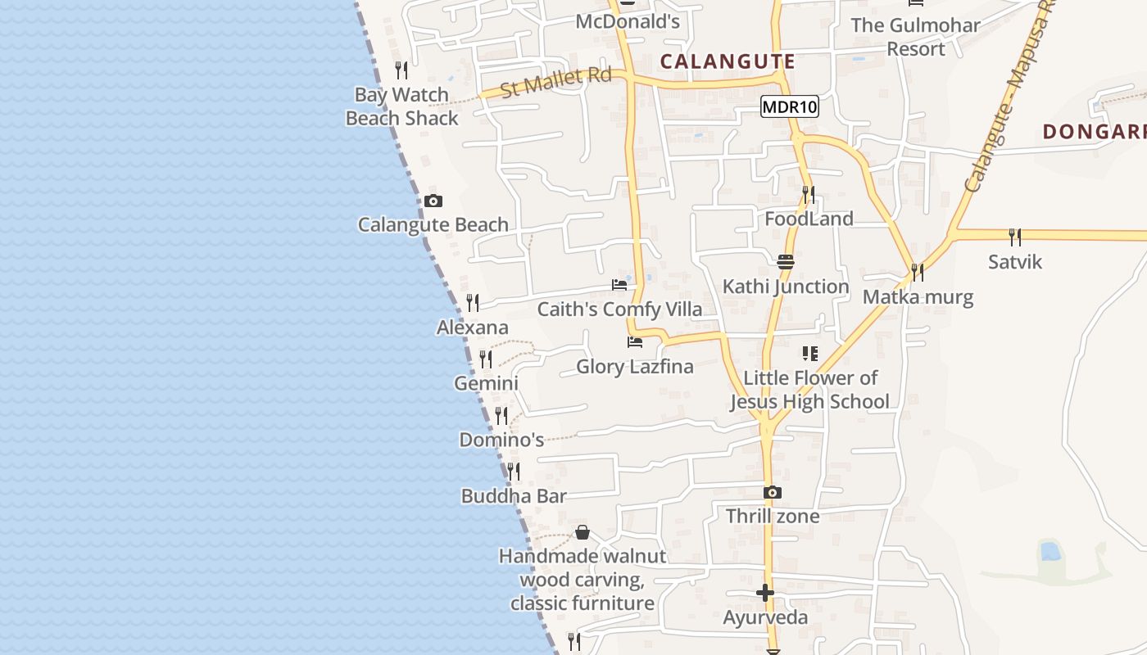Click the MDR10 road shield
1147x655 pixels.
pos(789,106)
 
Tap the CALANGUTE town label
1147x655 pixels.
pos(728,61)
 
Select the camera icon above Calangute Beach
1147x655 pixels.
pos(433,201)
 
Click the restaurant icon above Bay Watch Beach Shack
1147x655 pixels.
pos(401,70)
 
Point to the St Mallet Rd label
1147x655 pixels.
pos(555,81)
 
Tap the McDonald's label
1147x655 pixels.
pos(628,21)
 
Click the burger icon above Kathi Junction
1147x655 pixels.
pos(785,262)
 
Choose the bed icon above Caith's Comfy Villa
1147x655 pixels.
pos(619,285)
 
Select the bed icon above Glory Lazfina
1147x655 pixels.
pos(635,342)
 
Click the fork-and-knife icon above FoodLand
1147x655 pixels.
pos(809,194)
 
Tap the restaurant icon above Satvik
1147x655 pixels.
pos(1015,237)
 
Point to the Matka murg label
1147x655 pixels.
pos(918,296)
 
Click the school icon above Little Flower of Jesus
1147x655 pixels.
pos(809,354)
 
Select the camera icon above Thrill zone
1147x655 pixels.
pos(772,492)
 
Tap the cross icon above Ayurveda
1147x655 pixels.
pos(765,593)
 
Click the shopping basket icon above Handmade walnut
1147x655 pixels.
pos(583,532)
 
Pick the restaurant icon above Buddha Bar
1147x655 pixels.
pos(514,472)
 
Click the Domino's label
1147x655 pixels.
pos(501,440)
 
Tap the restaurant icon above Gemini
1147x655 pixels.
pos(486,359)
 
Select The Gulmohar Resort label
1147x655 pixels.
pos(915,37)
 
